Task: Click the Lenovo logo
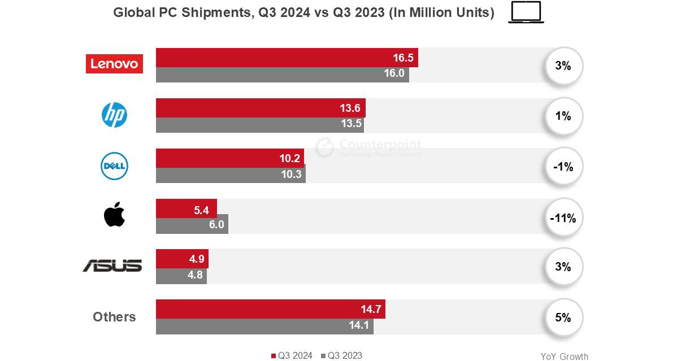tap(114, 64)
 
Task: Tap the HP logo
tap(114, 115)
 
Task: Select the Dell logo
tap(114, 166)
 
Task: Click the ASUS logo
tap(112, 266)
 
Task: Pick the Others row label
tap(114, 317)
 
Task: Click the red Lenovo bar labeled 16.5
tap(287, 58)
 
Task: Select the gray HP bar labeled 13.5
tap(259, 125)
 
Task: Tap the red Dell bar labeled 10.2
tap(229, 158)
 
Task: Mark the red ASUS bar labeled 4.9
tap(182, 259)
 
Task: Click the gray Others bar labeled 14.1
tap(264, 326)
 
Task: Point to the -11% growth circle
tap(563, 218)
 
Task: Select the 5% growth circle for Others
tap(563, 317)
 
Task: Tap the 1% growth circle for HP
tap(563, 116)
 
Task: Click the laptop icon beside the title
tap(526, 12)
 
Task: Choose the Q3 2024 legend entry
tap(292, 355)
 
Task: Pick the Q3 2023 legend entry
tap(341, 355)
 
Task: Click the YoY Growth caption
tap(564, 356)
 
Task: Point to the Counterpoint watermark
tap(368, 147)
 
